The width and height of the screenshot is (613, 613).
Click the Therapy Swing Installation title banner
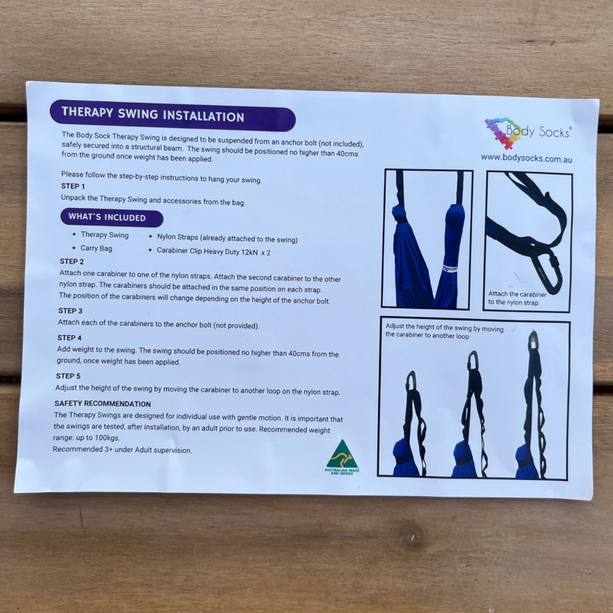[x=172, y=116]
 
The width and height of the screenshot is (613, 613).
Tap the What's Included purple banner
[x=111, y=217]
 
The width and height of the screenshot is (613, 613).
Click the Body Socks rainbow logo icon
[x=503, y=132]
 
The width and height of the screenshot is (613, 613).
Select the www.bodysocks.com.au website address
[x=526, y=158]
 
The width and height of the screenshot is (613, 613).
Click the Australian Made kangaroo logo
[x=342, y=456]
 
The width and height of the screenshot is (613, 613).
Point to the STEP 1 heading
[x=73, y=186]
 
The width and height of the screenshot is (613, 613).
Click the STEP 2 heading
[x=72, y=262]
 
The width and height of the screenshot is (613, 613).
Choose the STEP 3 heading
[x=70, y=311]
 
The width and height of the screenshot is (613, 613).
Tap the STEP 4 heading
[x=69, y=338]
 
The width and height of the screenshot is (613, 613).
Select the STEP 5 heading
[x=68, y=376]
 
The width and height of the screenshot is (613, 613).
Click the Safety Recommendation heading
[x=103, y=404]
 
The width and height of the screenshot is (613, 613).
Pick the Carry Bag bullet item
[x=96, y=248]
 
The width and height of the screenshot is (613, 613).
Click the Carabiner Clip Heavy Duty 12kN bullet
[x=213, y=251]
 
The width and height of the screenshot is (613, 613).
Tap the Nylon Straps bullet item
[x=227, y=238]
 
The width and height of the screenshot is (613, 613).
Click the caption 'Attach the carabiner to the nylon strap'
[x=517, y=298]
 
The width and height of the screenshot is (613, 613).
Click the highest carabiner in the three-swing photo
[x=534, y=341]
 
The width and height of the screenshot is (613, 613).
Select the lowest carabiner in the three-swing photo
[x=411, y=380]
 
